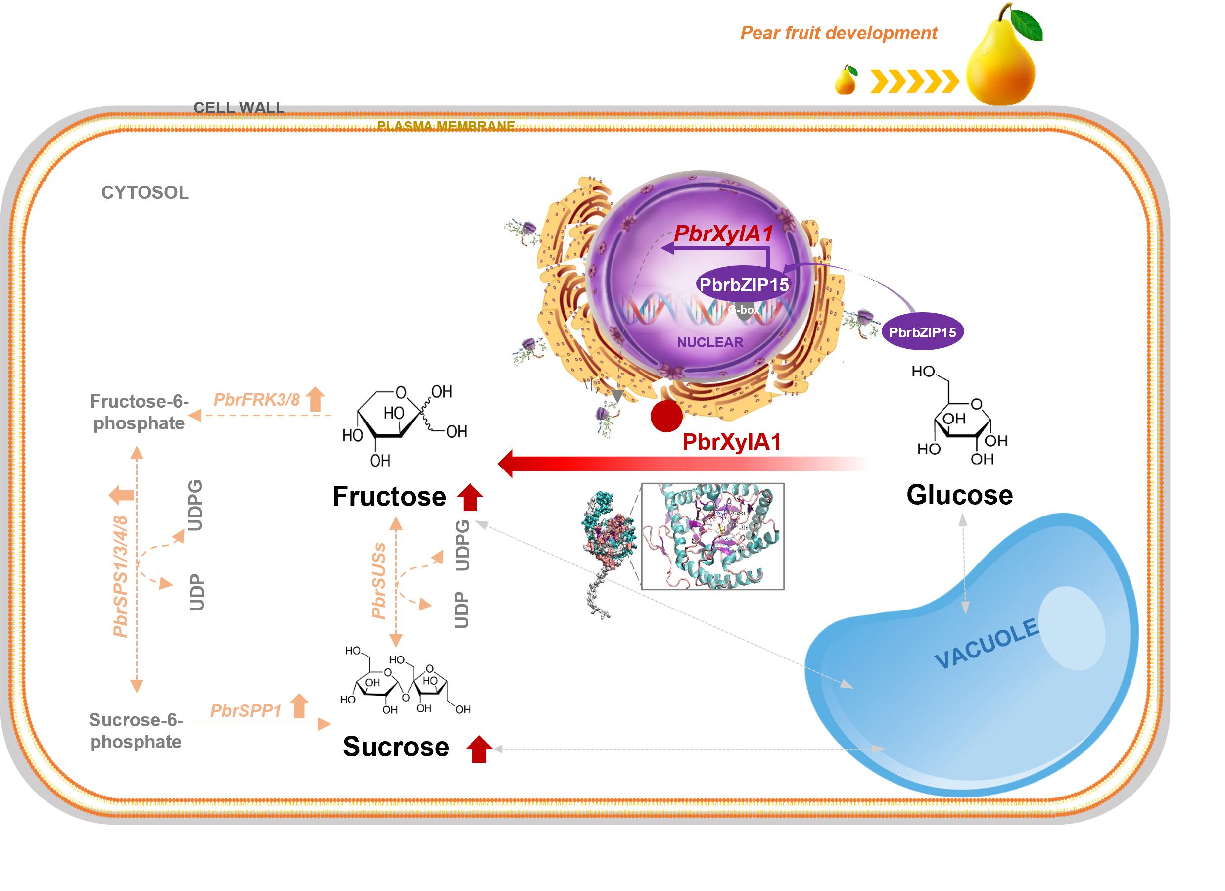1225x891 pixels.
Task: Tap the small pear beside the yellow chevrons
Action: (846, 81)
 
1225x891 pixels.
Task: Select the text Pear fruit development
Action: (838, 33)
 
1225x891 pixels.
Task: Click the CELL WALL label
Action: (239, 107)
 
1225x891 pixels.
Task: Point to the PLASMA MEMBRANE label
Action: (446, 126)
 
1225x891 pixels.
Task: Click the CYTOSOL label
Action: (145, 193)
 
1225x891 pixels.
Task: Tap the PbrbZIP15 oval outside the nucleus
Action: (923, 332)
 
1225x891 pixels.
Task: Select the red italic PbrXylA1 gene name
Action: (723, 234)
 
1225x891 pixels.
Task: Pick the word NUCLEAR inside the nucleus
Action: (710, 342)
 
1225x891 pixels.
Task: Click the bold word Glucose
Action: (959, 495)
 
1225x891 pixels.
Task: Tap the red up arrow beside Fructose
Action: (470, 497)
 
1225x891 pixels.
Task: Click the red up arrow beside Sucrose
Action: (478, 749)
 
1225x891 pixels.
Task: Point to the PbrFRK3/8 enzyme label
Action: (257, 400)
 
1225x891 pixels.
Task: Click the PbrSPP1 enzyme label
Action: (246, 710)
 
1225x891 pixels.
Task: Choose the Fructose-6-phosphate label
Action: (140, 412)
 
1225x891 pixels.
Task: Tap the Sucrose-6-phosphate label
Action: (136, 731)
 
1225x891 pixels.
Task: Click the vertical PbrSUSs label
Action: (378, 580)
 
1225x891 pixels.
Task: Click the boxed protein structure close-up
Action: (712, 536)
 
